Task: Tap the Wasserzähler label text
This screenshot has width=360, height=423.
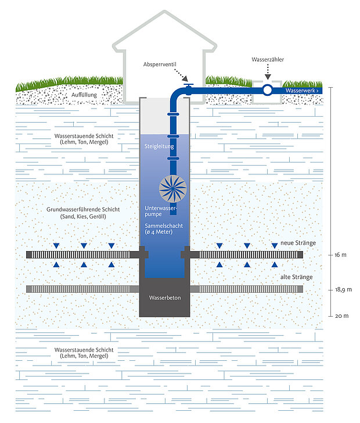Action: pyautogui.click(x=267, y=60)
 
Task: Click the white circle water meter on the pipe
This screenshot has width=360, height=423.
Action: pyautogui.click(x=267, y=90)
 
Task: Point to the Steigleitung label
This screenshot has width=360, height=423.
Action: pyautogui.click(x=159, y=147)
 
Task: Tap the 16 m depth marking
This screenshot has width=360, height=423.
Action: pyautogui.click(x=340, y=255)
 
